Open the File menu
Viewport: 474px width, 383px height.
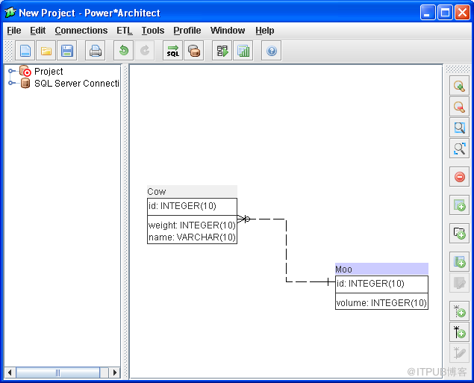pos(14,31)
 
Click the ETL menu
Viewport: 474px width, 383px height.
pos(125,31)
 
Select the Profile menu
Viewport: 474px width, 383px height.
pos(187,31)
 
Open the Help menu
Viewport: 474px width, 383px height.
pos(265,31)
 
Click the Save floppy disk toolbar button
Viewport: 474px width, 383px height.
pos(66,51)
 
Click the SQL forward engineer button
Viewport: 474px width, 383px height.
pos(172,51)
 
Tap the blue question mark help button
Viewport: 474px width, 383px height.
pos(272,51)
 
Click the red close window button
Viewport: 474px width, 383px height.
pos(462,13)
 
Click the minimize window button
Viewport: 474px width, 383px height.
pos(428,13)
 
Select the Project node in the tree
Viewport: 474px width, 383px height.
pos(49,72)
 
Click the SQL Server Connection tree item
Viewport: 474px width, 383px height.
pos(76,84)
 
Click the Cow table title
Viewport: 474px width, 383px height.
pos(157,192)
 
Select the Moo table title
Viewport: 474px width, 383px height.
pos(343,270)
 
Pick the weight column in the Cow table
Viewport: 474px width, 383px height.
pos(192,225)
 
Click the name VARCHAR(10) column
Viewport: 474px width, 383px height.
pos(192,237)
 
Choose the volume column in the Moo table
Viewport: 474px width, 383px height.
pos(381,303)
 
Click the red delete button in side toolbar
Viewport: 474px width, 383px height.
pos(460,176)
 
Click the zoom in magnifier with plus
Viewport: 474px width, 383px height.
pos(460,87)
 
